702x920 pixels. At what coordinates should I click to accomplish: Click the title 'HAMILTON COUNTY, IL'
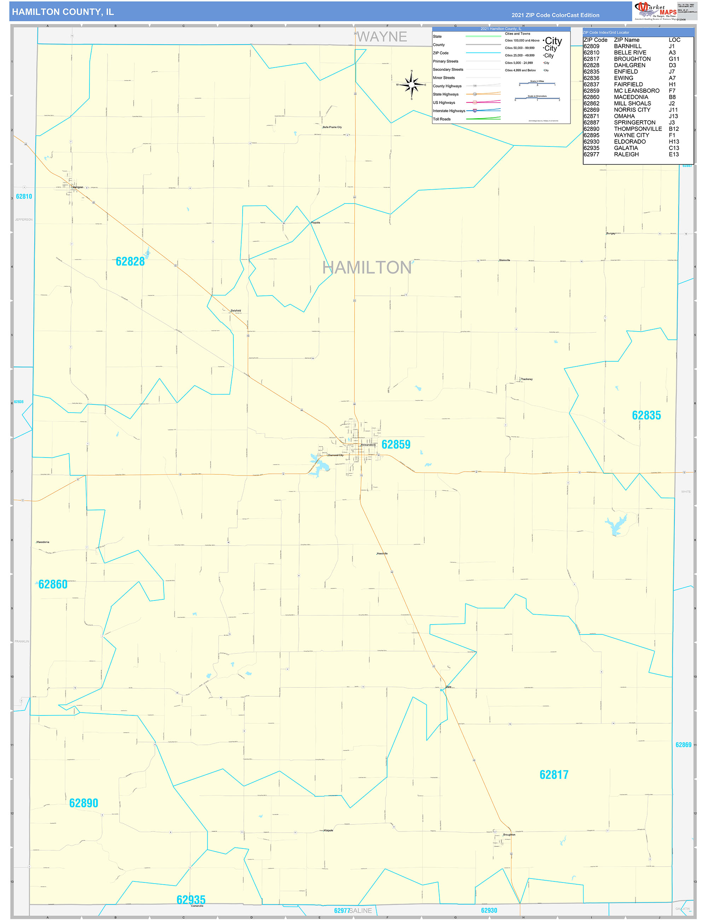point(63,12)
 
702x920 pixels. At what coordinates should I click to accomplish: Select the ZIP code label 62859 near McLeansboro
point(396,444)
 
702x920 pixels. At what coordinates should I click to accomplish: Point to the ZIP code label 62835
point(646,415)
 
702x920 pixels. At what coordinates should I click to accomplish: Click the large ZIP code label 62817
point(554,775)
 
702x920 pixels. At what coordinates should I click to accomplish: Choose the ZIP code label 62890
point(83,803)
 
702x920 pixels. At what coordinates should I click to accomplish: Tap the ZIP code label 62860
point(53,584)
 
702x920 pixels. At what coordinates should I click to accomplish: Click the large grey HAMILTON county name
point(366,268)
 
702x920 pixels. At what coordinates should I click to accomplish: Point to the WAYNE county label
point(382,37)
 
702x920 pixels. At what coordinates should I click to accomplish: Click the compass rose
point(412,85)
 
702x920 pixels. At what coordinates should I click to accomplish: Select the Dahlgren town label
point(78,187)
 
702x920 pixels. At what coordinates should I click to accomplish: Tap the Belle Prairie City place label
point(332,127)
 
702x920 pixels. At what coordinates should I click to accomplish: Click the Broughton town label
point(509,835)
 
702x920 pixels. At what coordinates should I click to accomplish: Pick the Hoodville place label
point(382,553)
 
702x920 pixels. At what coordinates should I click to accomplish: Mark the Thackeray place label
point(526,379)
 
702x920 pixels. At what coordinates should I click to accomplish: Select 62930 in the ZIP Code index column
point(591,142)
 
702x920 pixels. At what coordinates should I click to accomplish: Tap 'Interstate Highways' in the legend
point(449,111)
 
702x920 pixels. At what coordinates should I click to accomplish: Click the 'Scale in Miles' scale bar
point(537,84)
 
